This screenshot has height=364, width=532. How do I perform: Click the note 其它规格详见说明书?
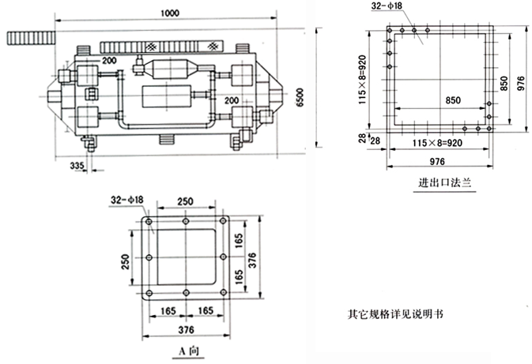pos(395,313)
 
